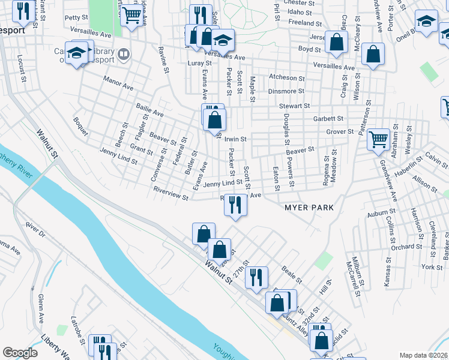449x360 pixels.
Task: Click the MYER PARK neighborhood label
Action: pos(309,207)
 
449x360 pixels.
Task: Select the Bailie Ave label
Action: pos(149,109)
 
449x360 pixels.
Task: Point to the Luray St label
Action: pos(200,63)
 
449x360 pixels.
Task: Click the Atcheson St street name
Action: pos(283,77)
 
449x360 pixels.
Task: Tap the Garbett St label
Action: pos(328,119)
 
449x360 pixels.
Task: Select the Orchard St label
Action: pos(406,247)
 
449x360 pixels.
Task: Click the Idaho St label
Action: pos(300,12)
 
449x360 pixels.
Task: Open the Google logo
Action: pos(20,353)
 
